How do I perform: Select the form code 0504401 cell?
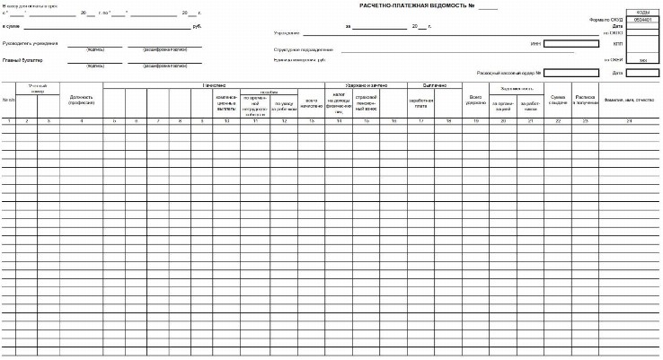pyautogui.click(x=642, y=19)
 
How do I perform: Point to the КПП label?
pyautogui.click(x=617, y=42)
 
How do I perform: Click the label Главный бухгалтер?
pyautogui.click(x=22, y=60)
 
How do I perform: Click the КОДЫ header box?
pyautogui.click(x=642, y=12)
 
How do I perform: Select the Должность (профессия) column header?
pyautogui.click(x=81, y=101)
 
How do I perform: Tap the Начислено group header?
pyautogui.click(x=212, y=85)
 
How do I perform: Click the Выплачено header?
pyautogui.click(x=422, y=85)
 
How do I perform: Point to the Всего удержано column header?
pyautogui.click(x=476, y=101)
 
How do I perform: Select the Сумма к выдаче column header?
pyautogui.click(x=558, y=101)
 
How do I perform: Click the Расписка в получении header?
pyautogui.click(x=585, y=101)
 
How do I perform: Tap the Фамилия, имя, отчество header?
pyautogui.click(x=629, y=100)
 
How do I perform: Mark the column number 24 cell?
pyautogui.click(x=629, y=119)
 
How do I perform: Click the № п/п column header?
pyautogui.click(x=8, y=100)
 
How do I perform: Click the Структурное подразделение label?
pyautogui.click(x=308, y=49)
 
